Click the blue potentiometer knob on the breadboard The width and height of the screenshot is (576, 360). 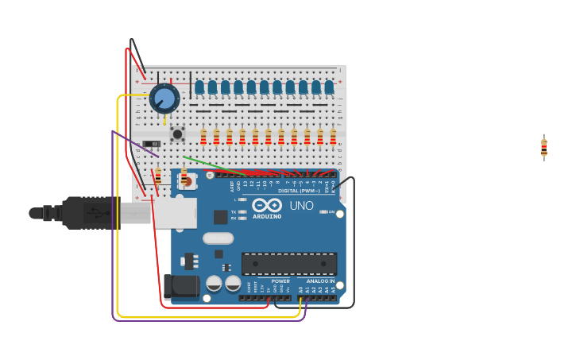tap(164, 98)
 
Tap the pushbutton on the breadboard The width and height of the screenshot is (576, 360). tap(177, 134)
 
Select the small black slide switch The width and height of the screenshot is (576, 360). tap(151, 144)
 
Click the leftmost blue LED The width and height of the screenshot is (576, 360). tap(199, 87)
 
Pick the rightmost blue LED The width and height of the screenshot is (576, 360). tap(329, 87)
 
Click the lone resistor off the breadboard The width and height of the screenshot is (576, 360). tap(544, 147)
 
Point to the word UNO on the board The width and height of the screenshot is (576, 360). tap(300, 206)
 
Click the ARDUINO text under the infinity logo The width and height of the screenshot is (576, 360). tap(268, 216)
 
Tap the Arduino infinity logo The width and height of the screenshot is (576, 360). tap(268, 205)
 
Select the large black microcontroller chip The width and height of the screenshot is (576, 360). tap(289, 264)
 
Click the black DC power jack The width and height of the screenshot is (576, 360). tap(181, 286)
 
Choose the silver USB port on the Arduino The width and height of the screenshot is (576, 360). tap(175, 213)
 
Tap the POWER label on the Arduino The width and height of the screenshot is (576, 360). tap(280, 281)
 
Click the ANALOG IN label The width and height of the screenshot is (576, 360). tap(321, 281)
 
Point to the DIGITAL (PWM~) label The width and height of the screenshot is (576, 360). tap(299, 191)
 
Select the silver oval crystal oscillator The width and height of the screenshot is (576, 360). tap(218, 238)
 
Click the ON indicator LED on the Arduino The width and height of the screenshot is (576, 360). tap(323, 212)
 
